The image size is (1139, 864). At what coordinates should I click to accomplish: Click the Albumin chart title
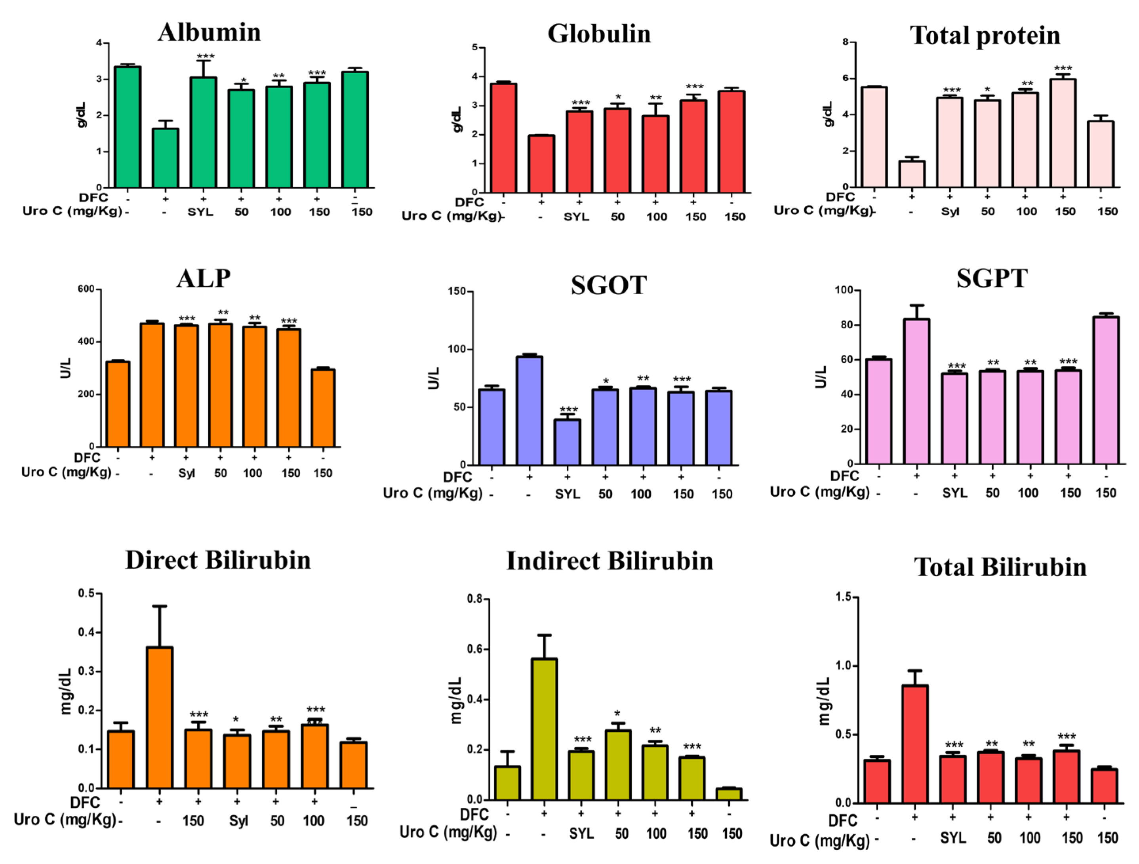pyautogui.click(x=209, y=32)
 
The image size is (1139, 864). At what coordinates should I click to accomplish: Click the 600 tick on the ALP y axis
pyautogui.click(x=86, y=289)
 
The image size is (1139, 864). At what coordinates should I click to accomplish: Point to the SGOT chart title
pyautogui.click(x=609, y=285)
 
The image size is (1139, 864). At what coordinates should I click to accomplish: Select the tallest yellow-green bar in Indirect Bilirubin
pyautogui.click(x=544, y=729)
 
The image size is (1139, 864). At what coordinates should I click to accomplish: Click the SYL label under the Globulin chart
pyautogui.click(x=576, y=217)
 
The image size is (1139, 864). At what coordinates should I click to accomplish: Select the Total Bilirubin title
pyautogui.click(x=1000, y=567)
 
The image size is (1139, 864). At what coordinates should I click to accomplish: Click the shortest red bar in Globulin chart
pyautogui.click(x=541, y=164)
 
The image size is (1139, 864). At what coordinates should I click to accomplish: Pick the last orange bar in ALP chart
pyautogui.click(x=323, y=408)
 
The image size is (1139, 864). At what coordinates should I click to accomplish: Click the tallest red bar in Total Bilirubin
pyautogui.click(x=914, y=744)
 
